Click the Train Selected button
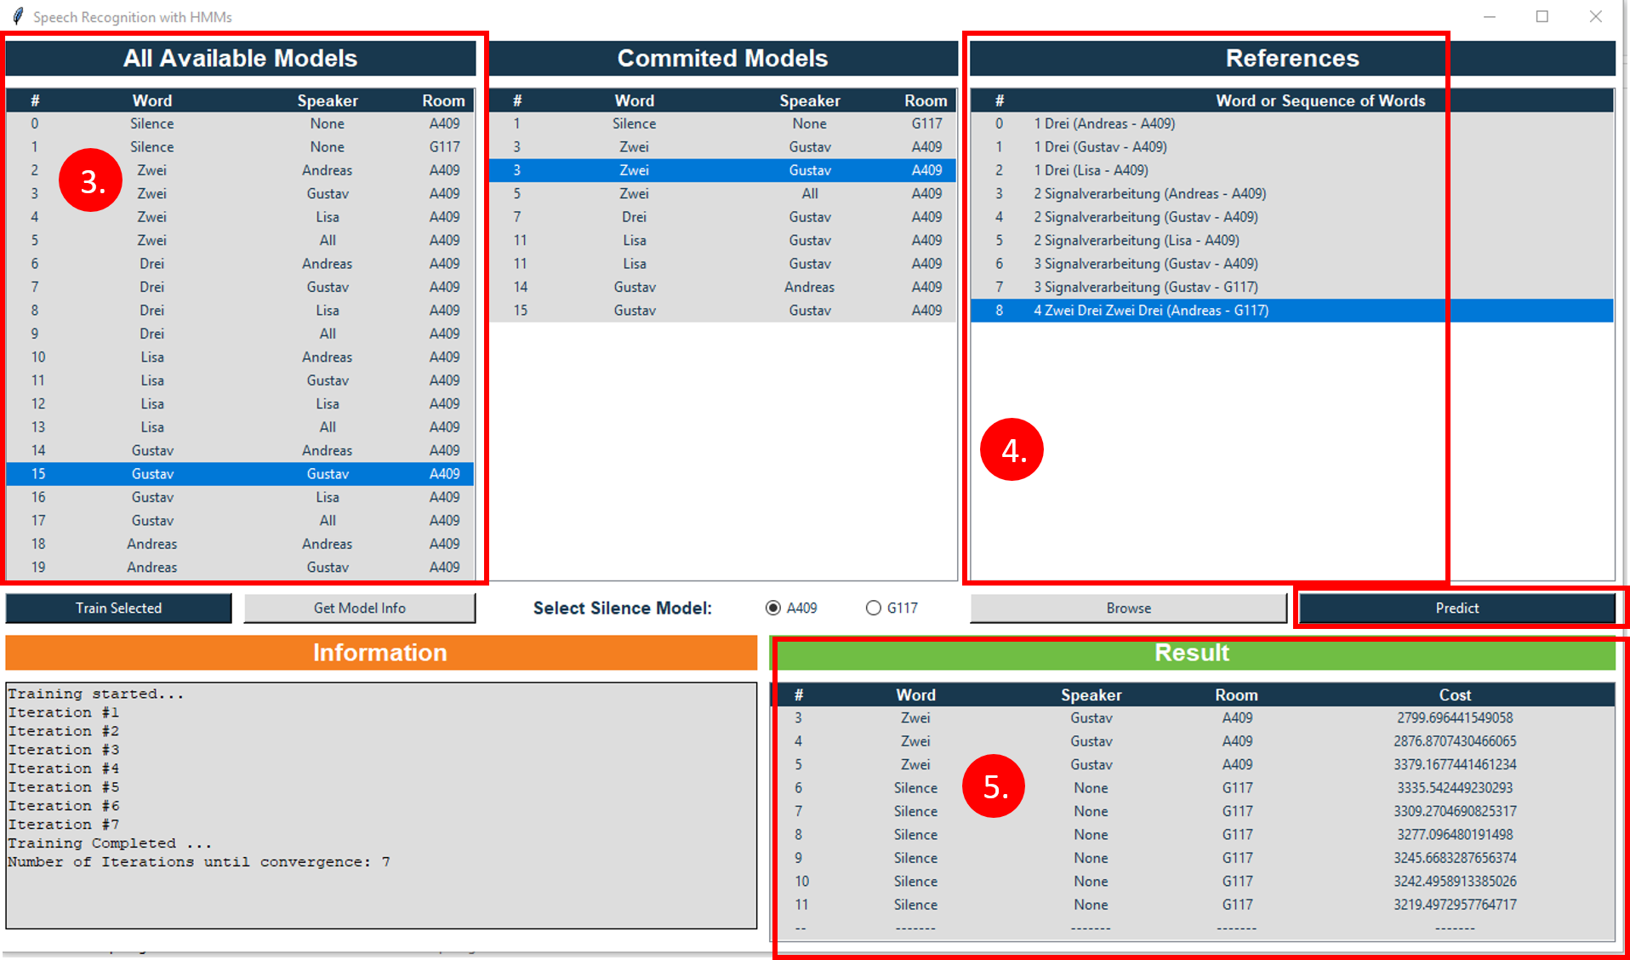pos(118,608)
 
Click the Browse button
pos(1128,608)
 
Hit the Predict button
pos(1456,608)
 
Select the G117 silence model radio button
pos(874,608)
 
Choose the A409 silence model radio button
pos(773,608)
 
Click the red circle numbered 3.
pos(91,180)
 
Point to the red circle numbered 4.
pos(1012,449)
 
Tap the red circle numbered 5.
pos(994,786)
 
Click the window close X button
pos(1596,16)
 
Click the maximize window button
pos(1542,16)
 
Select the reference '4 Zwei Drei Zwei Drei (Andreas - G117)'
pos(1151,311)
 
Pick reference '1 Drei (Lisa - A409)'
pos(1091,170)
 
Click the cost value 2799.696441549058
pos(1455,717)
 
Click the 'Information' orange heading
pos(379,653)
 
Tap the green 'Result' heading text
pos(1192,653)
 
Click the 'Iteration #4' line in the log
pos(64,769)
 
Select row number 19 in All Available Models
pos(238,568)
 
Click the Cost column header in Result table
pos(1455,694)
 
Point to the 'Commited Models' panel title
pos(722,58)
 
